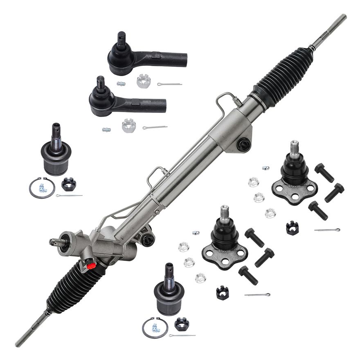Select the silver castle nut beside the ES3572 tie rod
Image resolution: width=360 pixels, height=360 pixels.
coord(143,81)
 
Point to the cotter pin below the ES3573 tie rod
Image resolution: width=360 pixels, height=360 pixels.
coord(155,127)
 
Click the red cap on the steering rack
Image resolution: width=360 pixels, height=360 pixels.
coord(92,266)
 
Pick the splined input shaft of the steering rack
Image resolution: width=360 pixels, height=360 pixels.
coord(56,242)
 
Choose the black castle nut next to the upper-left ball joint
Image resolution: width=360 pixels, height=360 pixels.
coord(68,184)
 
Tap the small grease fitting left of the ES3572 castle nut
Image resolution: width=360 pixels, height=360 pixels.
coord(121,83)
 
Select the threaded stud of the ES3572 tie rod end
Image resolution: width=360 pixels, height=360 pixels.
coord(122,39)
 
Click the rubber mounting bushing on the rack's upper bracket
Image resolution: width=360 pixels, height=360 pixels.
coord(244,144)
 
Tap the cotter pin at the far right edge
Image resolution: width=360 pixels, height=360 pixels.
coord(327,230)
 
